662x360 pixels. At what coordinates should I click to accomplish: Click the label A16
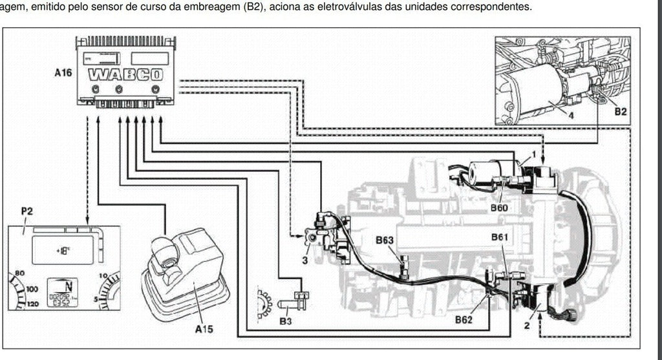[x=63, y=73]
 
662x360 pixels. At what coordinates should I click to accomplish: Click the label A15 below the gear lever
[x=204, y=329]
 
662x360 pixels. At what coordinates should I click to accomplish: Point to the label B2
[x=620, y=112]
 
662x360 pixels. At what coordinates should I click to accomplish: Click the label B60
[x=499, y=207]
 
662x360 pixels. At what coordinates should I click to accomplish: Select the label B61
[x=499, y=237]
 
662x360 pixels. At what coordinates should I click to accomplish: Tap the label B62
[x=464, y=319]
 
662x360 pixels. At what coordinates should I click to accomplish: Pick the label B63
[x=385, y=241]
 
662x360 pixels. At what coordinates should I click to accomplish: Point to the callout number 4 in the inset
[x=571, y=116]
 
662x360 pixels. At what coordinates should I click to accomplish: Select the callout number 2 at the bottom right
[x=527, y=326]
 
